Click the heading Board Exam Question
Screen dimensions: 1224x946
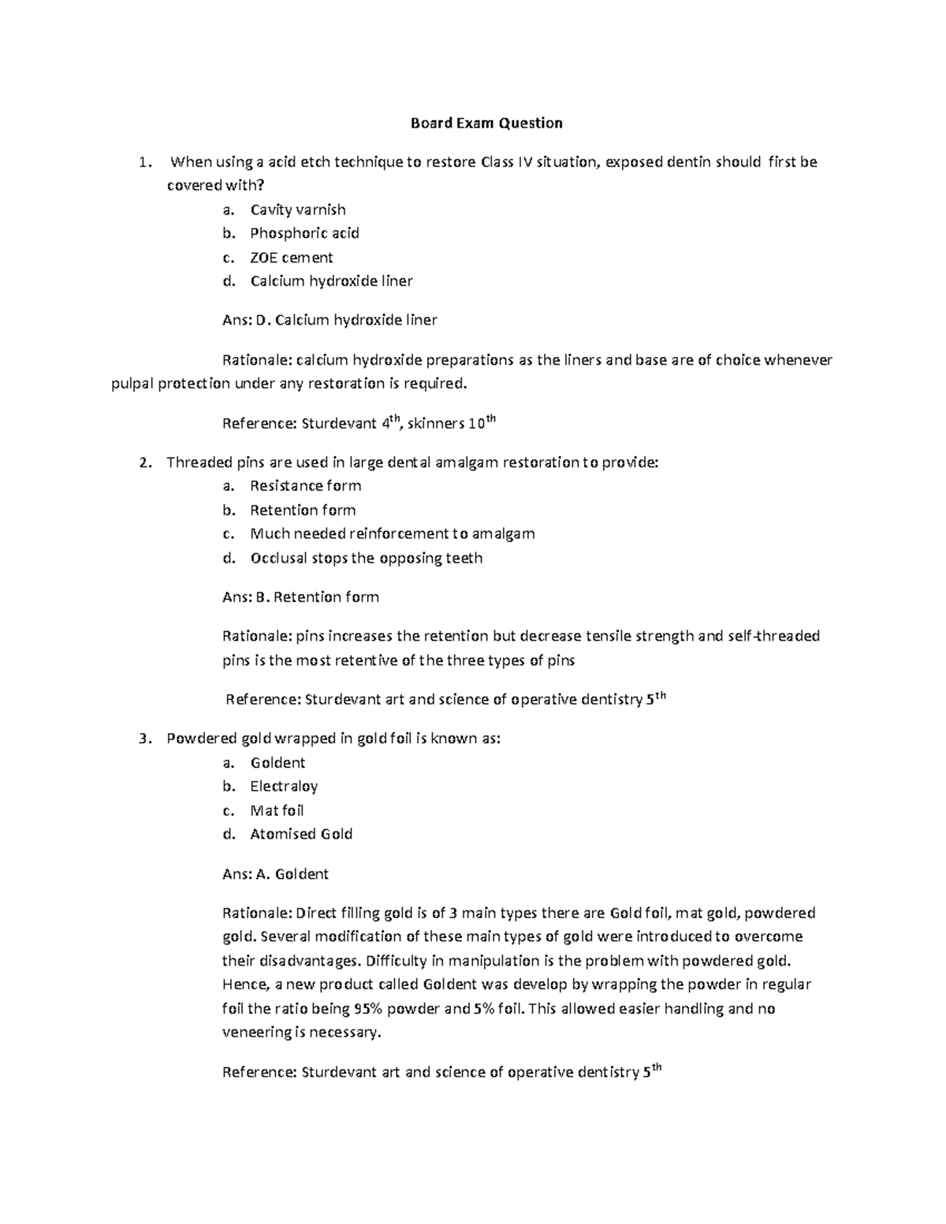(486, 123)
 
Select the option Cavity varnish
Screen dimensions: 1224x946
(297, 210)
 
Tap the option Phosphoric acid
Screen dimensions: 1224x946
(304, 233)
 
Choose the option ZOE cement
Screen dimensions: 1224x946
(291, 258)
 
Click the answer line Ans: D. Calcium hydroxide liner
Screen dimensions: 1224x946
(330, 320)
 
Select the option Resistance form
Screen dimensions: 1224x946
(305, 486)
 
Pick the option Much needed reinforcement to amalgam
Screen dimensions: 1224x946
(392, 534)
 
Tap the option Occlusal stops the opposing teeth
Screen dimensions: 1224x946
(366, 558)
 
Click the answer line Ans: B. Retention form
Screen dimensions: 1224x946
(300, 597)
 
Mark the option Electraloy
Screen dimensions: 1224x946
(284, 786)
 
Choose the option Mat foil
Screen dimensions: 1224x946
(277, 810)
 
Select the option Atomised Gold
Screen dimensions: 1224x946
(301, 834)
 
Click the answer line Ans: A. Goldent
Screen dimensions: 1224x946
(275, 873)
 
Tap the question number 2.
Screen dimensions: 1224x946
(143, 463)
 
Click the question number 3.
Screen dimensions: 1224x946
(143, 738)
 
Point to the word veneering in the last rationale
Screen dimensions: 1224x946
(255, 1032)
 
